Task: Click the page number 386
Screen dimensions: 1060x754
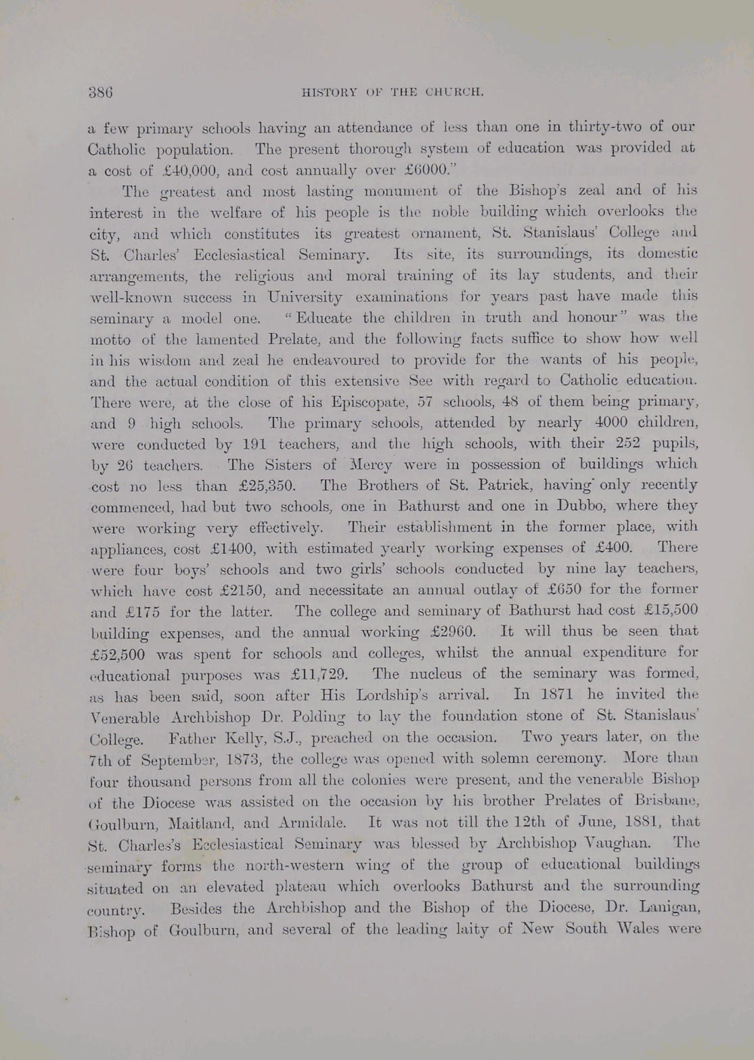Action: pyautogui.click(x=100, y=92)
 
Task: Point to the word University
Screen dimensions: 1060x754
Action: pyautogui.click(x=306, y=296)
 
